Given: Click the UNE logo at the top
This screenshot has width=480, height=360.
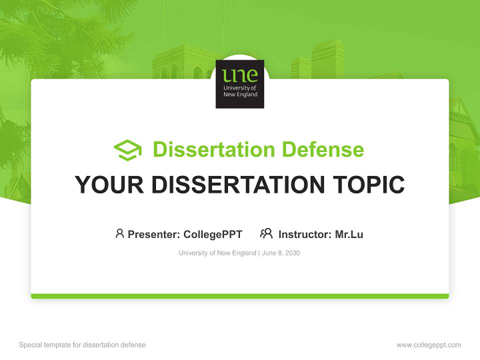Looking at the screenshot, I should pos(240,84).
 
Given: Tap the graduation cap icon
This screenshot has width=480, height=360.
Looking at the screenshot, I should pos(127,150).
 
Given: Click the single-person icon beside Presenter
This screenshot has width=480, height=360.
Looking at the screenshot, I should pos(119,233).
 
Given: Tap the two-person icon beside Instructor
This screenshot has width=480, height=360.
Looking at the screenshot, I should pos(266,233).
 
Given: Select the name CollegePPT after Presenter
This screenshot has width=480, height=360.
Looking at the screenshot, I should pos(213,234).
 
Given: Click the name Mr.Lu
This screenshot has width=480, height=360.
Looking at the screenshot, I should pos(349,234).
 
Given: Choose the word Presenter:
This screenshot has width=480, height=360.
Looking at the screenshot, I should pos(154,234).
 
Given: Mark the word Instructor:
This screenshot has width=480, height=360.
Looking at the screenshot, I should pos(305,234).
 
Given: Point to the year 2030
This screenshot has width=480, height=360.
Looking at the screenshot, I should pos(292,253).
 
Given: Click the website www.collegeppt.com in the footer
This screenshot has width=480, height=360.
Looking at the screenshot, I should pos(428,345).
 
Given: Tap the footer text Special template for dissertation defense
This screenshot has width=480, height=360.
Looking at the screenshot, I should pos(82,345).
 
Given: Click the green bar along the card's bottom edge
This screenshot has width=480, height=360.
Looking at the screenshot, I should pos(240,296).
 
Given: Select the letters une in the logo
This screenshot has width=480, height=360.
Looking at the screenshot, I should pos(240,75).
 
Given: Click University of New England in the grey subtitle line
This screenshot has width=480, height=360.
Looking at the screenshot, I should pos(217,253).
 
